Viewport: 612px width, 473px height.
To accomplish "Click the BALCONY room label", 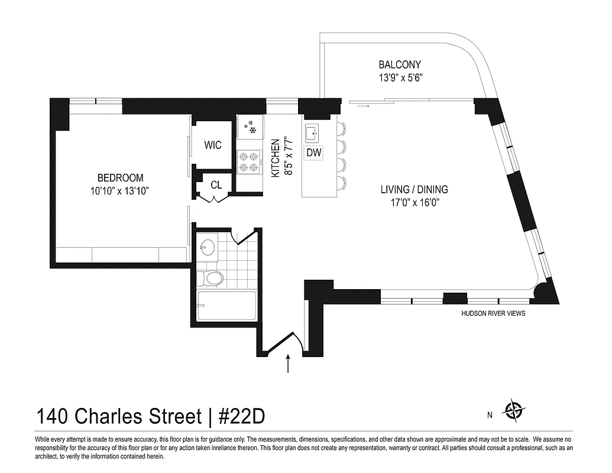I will pyautogui.click(x=400, y=64).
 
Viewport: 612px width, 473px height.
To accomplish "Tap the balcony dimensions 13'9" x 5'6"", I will pyautogui.click(x=400, y=77).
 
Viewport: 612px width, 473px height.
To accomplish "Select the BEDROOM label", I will pyautogui.click(x=121, y=177).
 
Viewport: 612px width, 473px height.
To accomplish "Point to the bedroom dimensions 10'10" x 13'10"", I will pyautogui.click(x=121, y=190).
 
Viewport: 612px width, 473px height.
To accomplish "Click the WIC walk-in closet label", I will pyautogui.click(x=213, y=145).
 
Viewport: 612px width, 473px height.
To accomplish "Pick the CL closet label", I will pyautogui.click(x=216, y=185).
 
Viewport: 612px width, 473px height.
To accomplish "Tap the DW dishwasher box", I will pyautogui.click(x=313, y=153).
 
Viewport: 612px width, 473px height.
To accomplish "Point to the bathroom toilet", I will pyautogui.click(x=211, y=277).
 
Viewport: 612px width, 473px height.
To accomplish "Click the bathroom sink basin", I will pyautogui.click(x=207, y=247).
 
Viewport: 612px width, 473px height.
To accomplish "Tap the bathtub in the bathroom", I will pyautogui.click(x=227, y=306).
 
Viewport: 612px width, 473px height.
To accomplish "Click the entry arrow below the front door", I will pyautogui.click(x=288, y=363).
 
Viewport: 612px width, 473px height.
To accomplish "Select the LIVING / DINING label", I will pyautogui.click(x=414, y=190).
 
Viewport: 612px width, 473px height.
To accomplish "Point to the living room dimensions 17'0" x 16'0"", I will pyautogui.click(x=414, y=203).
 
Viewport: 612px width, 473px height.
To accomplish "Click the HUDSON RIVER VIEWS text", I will pyautogui.click(x=493, y=313).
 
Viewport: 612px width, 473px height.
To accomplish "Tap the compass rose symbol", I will pyautogui.click(x=513, y=409).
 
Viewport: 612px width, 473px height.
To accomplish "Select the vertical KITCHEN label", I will pyautogui.click(x=275, y=158).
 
